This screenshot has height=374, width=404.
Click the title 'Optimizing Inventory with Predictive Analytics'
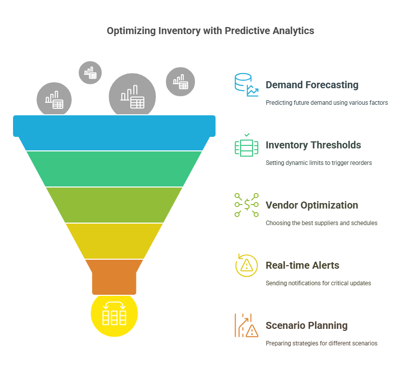click(x=211, y=31)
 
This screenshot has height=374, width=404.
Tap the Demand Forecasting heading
click(x=312, y=85)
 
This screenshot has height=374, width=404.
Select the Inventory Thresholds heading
click(x=313, y=145)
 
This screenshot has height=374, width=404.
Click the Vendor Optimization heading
click(x=311, y=205)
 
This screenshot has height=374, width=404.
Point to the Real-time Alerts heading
click(x=302, y=265)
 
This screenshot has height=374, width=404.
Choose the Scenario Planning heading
click(x=306, y=325)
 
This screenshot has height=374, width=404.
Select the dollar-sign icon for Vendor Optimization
click(x=246, y=205)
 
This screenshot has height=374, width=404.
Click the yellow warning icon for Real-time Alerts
click(x=246, y=265)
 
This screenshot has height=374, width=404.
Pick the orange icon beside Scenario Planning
click(x=246, y=325)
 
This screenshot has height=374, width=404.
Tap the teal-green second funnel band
click(x=114, y=168)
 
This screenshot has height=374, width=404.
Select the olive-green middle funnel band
click(x=114, y=205)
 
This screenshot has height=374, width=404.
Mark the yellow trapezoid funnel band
click(x=114, y=241)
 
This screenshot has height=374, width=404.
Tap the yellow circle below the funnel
click(x=114, y=314)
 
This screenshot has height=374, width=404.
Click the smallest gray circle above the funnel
click(x=90, y=73)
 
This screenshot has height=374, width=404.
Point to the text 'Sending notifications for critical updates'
click(x=318, y=283)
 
